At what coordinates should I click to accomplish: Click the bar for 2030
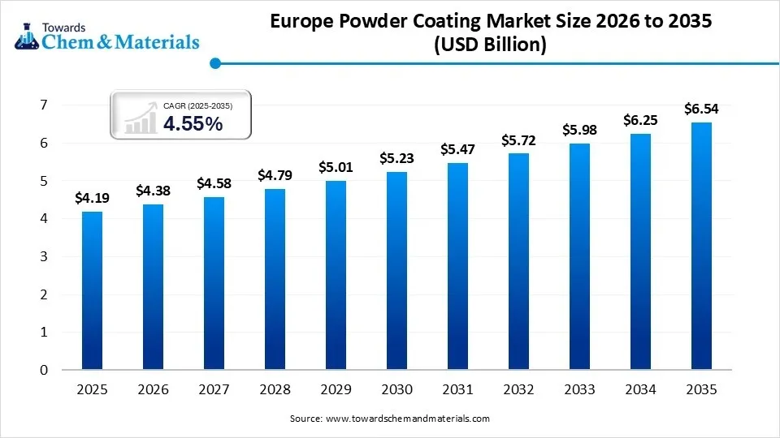coord(396,271)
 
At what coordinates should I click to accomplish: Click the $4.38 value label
coord(153,190)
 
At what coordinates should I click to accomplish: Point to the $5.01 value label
coord(336,166)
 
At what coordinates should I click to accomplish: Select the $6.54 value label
coord(701,108)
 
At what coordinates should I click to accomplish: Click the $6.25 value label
coord(640,119)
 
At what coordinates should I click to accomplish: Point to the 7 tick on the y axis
coord(43,105)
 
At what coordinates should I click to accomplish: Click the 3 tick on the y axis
coord(43,256)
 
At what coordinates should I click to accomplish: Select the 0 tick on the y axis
coord(43,370)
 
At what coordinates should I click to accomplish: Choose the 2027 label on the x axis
coord(214,390)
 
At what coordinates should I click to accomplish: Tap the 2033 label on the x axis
coord(579,390)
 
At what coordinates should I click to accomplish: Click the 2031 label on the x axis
coord(457,390)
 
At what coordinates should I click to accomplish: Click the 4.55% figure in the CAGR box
coord(193,123)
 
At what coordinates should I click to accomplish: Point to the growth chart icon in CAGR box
coord(140,117)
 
